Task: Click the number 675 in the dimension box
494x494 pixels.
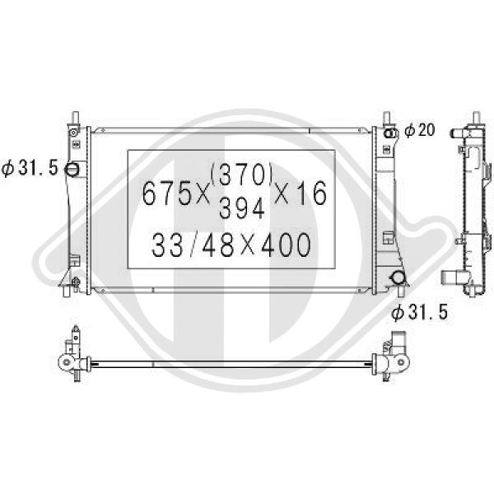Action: pos(167,193)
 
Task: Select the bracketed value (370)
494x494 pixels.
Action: pos(241,175)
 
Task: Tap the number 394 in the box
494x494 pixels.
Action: pos(241,208)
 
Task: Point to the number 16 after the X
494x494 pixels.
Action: pos(311,193)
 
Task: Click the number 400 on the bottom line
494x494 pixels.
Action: pos(286,245)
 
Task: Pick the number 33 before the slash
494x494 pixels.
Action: pos(167,245)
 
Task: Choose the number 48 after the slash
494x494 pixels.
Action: pos(218,245)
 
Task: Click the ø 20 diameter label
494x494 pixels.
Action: pos(419,130)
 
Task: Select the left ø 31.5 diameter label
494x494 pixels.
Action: pos(30,168)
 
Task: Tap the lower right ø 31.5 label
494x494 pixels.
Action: pos(419,313)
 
